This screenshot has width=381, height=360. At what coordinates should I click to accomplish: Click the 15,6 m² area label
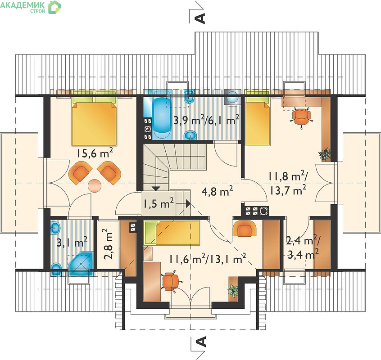pos(95,153)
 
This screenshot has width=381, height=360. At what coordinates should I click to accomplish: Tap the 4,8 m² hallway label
pos(217,191)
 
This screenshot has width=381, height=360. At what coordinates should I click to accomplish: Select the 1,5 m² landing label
pos(159,203)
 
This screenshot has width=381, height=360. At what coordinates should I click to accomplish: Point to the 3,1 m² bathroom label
pos(72,242)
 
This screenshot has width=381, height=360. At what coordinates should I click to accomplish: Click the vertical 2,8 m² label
pos(108,244)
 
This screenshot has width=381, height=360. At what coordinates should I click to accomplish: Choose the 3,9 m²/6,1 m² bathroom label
pos(206,119)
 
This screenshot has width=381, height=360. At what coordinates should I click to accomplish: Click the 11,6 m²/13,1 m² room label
pos(208,259)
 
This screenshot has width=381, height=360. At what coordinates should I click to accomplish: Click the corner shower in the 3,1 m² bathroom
pos(81,264)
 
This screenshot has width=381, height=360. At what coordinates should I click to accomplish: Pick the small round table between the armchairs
pos(95,186)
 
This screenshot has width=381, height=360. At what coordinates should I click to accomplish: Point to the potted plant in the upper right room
pos(325,154)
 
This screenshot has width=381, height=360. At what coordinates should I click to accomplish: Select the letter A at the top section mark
pos(201,18)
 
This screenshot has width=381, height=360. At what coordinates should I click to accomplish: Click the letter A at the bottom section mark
pos(201,342)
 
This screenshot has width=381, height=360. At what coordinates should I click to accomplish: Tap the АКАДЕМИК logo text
pos(23,5)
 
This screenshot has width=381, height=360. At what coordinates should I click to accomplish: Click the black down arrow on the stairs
pos(156,189)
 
